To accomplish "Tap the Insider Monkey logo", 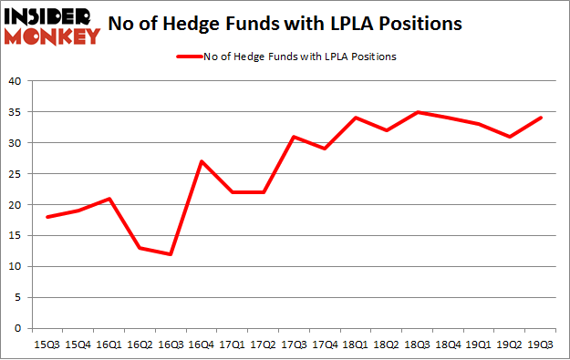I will pyautogui.click(x=51, y=25).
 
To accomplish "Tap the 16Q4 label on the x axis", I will pyautogui.click(x=202, y=345).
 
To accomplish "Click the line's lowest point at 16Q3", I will pyautogui.click(x=170, y=254).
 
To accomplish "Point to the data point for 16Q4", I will pyautogui.click(x=202, y=161).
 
